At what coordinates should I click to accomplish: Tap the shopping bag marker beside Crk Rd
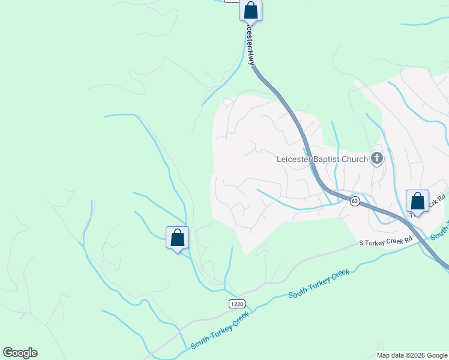tap(417, 202)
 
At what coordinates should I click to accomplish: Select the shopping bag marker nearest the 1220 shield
tap(177, 238)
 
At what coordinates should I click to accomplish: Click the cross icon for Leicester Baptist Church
tap(377, 159)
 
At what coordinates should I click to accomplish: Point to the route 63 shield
tap(355, 202)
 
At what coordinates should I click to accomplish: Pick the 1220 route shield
tap(237, 304)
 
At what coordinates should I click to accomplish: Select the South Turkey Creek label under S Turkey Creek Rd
tap(318, 284)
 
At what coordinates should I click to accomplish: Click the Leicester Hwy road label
tap(250, 46)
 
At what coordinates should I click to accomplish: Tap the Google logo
tap(20, 353)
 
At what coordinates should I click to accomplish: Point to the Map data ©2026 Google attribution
tap(412, 355)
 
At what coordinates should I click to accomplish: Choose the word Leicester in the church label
tap(293, 160)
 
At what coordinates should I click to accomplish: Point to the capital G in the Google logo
tap(8, 353)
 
